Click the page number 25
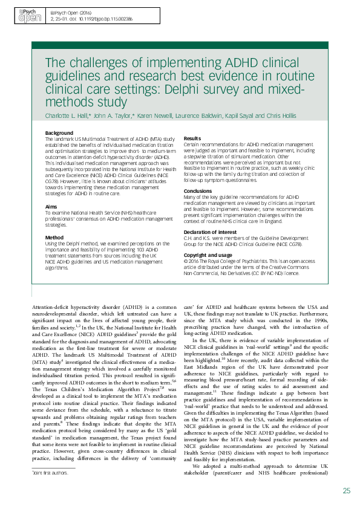[346, 490]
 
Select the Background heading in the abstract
[59, 133]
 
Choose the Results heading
[192, 138]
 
